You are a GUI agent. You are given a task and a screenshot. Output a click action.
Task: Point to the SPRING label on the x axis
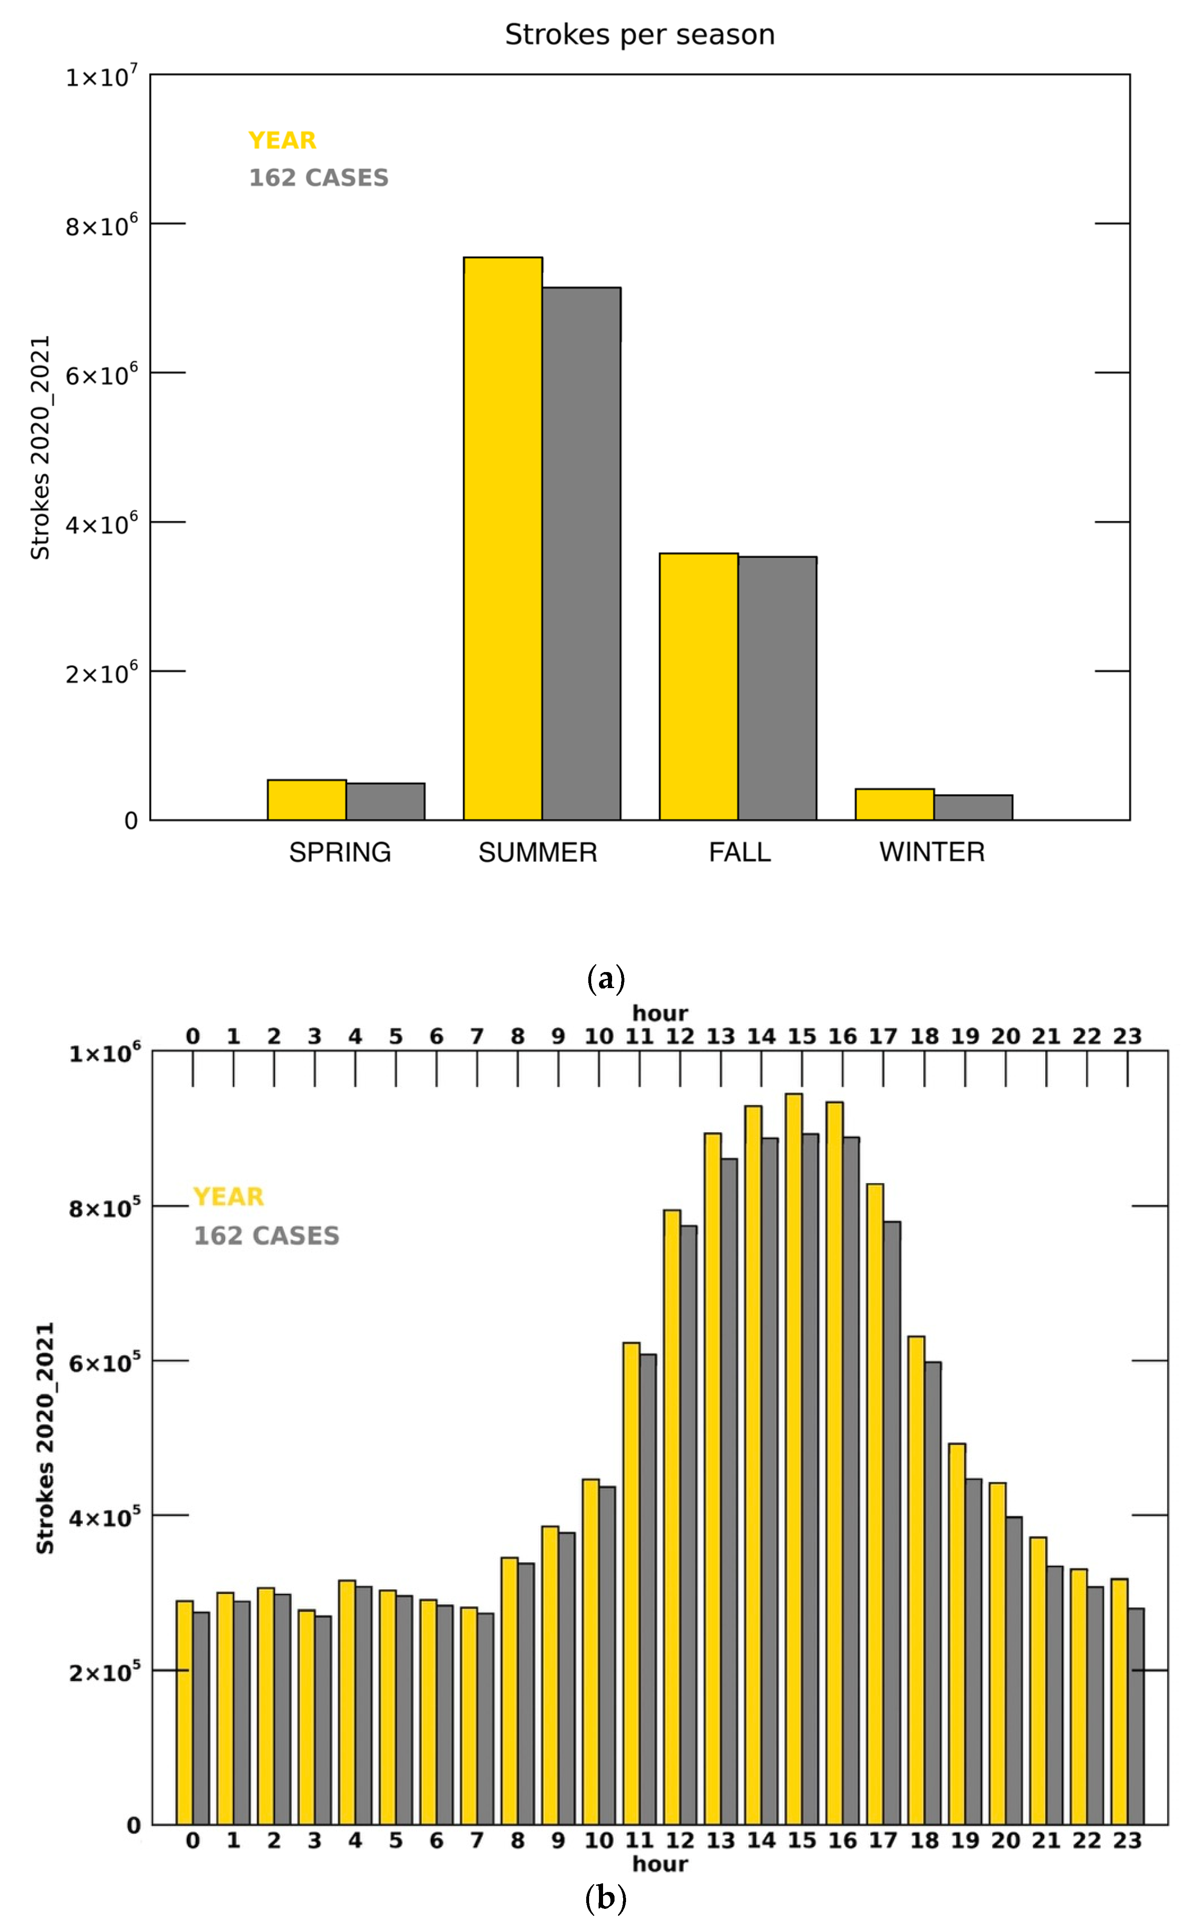340,852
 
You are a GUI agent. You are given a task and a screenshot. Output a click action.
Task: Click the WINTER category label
932,852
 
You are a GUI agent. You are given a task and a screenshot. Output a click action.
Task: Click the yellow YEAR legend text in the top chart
282,140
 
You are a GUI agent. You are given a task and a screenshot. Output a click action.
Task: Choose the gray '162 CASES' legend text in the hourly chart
267,1236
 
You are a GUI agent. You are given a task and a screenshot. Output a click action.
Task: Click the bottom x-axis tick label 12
680,1841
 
